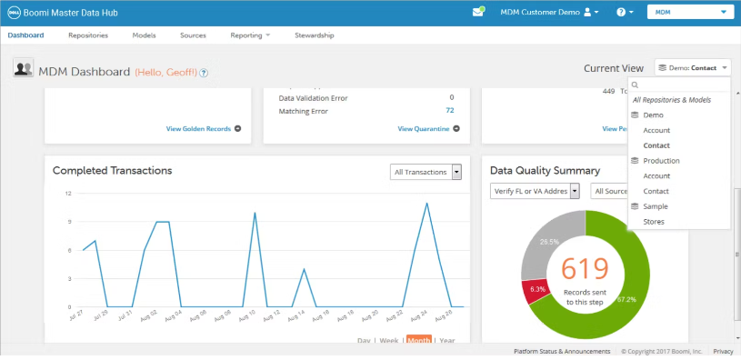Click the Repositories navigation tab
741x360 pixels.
88,35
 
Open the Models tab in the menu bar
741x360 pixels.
144,35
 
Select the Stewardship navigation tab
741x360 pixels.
315,35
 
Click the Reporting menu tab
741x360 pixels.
250,35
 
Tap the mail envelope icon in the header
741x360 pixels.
478,13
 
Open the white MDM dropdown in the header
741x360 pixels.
689,13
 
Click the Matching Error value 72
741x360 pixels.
449,111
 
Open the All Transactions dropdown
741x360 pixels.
426,172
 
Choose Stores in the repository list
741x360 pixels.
654,222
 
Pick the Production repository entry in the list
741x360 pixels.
661,161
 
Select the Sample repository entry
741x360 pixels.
655,206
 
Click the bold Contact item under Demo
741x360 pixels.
656,145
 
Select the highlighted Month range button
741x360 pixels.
419,340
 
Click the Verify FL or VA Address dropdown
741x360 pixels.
535,191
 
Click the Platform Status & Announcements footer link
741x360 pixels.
562,351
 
